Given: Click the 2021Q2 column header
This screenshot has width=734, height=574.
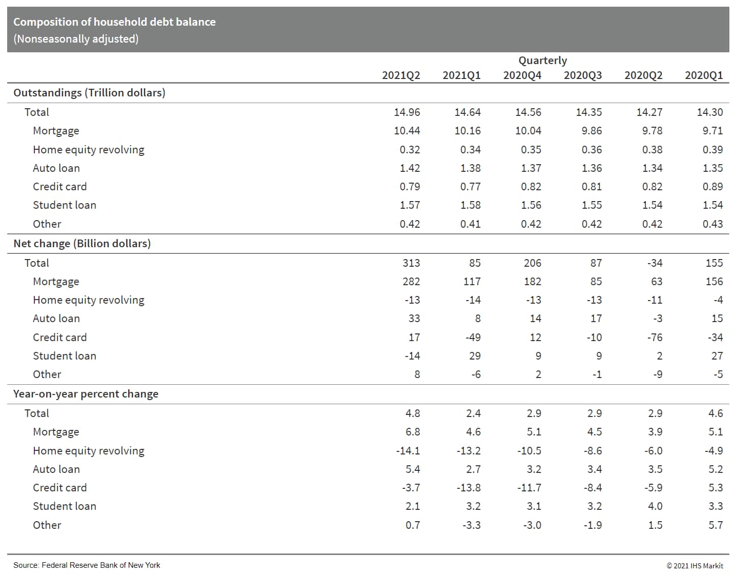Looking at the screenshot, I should [401, 75].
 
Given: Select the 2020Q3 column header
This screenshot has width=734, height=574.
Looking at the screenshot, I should [583, 75].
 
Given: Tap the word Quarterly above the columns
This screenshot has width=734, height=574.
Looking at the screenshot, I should [542, 61].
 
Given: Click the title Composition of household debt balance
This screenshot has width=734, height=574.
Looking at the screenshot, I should [114, 22].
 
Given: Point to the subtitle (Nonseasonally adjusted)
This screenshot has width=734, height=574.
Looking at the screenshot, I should [76, 39].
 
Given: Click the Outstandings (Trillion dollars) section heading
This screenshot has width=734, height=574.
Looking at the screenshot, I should [89, 93].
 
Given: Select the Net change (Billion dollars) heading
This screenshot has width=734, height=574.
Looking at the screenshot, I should [82, 244].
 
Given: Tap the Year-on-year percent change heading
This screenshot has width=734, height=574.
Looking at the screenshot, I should [86, 394].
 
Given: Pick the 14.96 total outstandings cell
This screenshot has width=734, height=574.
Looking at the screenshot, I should [407, 112].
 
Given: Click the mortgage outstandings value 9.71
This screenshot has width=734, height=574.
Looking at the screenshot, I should [712, 131].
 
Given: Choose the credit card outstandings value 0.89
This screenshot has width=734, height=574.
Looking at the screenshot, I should [712, 187].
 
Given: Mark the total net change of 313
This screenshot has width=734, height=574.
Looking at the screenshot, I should [411, 263].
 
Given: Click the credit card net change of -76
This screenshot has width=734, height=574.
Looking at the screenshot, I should [655, 338].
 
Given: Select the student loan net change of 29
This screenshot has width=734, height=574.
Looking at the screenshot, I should [475, 356].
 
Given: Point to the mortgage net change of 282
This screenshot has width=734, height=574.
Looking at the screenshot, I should [411, 282].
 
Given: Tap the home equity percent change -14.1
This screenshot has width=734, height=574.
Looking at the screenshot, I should [408, 451].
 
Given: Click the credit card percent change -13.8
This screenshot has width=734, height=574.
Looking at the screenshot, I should [468, 488].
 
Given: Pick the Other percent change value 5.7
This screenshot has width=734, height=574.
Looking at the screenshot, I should [716, 525].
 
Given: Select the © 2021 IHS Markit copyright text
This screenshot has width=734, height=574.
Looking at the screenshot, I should [695, 566].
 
